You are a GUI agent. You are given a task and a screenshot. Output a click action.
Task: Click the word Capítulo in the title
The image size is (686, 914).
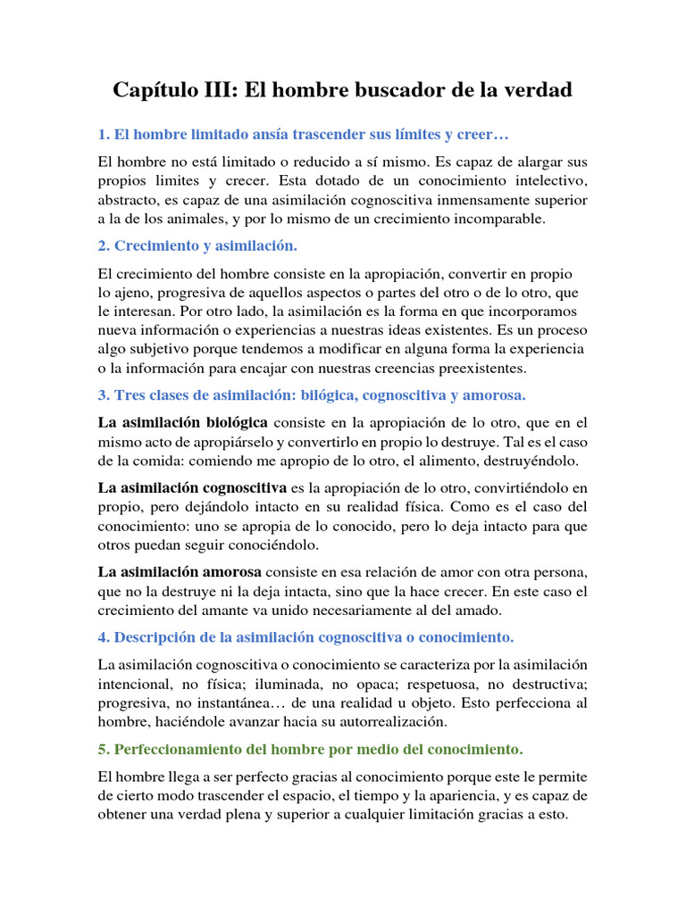point(156,91)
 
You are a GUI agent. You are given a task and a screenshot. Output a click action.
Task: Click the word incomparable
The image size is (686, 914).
point(512,219)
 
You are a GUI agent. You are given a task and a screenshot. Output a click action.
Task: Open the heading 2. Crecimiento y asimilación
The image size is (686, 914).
point(197,245)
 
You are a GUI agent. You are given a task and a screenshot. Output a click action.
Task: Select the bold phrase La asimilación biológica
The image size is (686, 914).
point(182,422)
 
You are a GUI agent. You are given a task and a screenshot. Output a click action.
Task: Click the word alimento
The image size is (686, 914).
point(431,461)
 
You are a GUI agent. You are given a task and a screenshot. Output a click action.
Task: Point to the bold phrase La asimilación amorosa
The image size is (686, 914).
point(179,572)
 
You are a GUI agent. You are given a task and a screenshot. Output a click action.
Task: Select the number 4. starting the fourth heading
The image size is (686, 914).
point(103,637)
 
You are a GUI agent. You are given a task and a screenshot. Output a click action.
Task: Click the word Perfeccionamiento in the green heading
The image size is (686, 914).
point(180,748)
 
